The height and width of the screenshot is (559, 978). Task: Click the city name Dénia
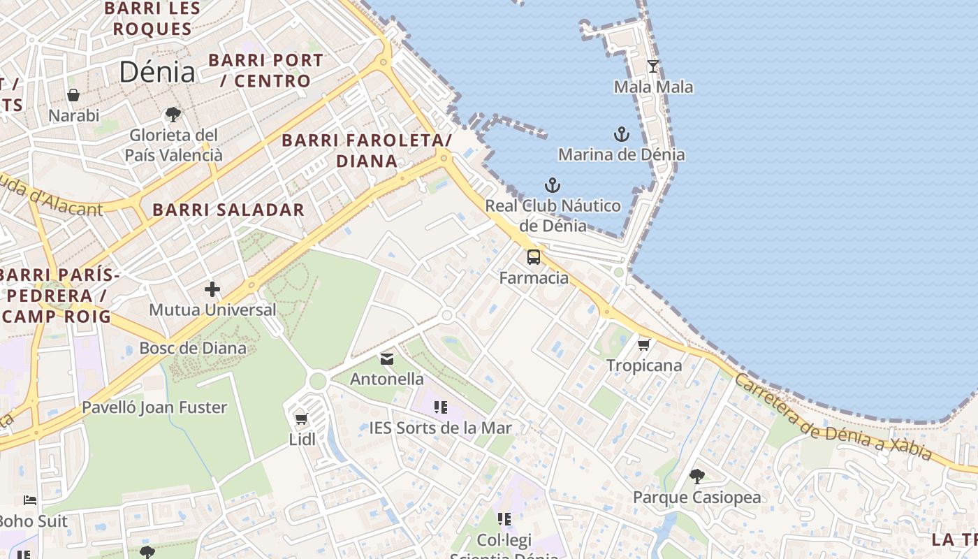pos(156,72)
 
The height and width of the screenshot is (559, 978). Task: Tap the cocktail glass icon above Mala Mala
pos(653,66)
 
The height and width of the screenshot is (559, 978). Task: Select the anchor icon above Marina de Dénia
pos(621,133)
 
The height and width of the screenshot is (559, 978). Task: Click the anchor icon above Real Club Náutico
pos(553,185)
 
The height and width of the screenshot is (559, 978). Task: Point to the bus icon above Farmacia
pos(534,257)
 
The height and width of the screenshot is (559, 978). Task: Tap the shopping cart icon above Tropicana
pos(643,344)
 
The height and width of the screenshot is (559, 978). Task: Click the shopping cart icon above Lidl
pos(301,419)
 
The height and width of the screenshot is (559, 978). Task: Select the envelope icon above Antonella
pos(386,359)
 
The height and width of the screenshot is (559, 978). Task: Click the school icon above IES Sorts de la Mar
pos(440,407)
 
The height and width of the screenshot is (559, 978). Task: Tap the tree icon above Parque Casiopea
pos(696,477)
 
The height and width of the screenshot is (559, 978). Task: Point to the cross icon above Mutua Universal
pos(212,289)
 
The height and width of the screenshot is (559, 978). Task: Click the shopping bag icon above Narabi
pos(73,95)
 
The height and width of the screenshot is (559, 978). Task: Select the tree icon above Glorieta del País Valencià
pos(173,114)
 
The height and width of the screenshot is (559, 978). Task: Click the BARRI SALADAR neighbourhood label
pos(228,210)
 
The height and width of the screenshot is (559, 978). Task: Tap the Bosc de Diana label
pos(193,348)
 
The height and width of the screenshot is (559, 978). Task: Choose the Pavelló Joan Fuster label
pos(154,407)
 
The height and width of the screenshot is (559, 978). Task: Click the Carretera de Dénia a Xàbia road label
pos(833,417)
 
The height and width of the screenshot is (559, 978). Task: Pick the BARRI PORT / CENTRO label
pos(265,71)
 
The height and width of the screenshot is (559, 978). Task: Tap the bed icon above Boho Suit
pos(30,500)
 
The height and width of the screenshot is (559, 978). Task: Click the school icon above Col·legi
pos(504,519)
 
